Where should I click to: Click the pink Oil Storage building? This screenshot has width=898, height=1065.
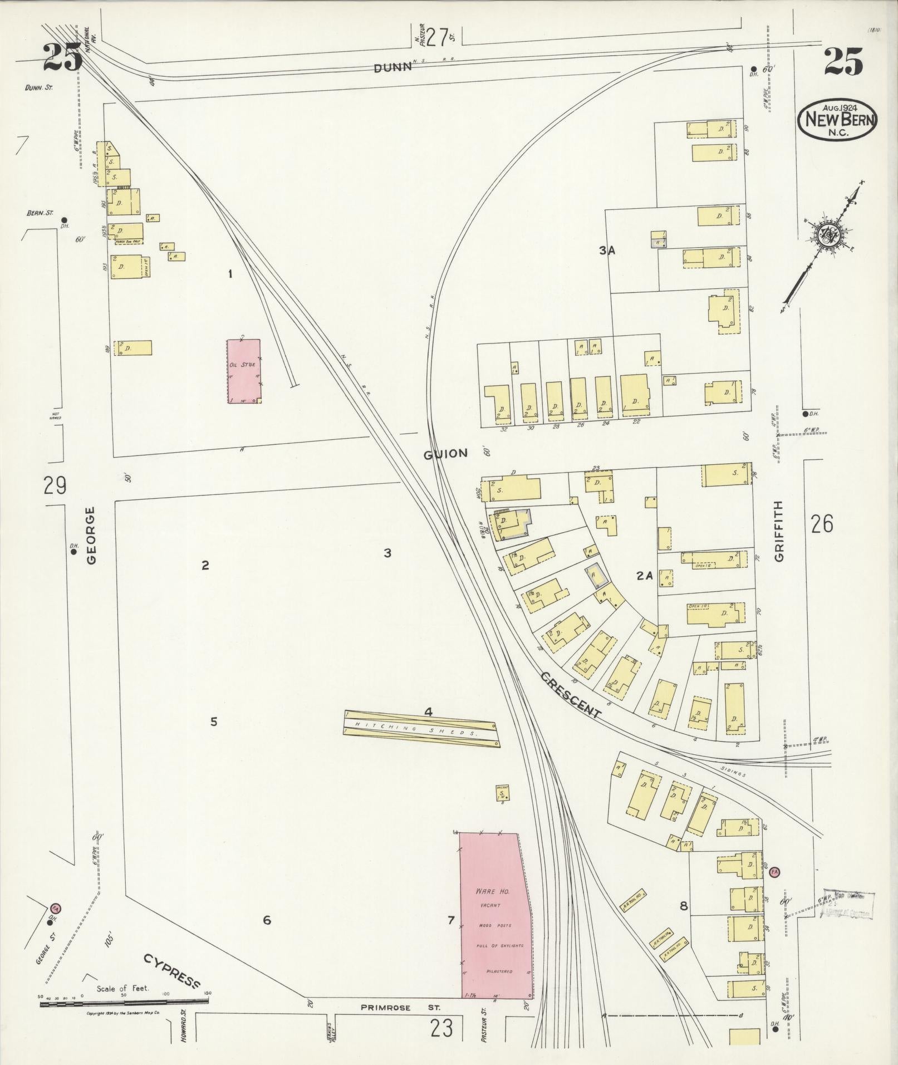click(x=244, y=371)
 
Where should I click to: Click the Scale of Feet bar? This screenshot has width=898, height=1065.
click(x=124, y=1002)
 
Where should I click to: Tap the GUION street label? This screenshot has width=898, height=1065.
click(x=445, y=454)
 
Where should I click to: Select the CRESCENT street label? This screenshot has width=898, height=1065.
click(x=571, y=695)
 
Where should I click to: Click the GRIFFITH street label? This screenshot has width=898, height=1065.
click(x=778, y=531)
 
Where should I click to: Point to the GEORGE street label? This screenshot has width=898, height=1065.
click(x=91, y=535)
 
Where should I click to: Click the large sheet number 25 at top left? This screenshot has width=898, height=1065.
click(x=62, y=58)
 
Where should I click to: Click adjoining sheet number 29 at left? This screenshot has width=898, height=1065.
click(x=55, y=485)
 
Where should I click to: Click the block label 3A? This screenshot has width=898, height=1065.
click(x=607, y=251)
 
